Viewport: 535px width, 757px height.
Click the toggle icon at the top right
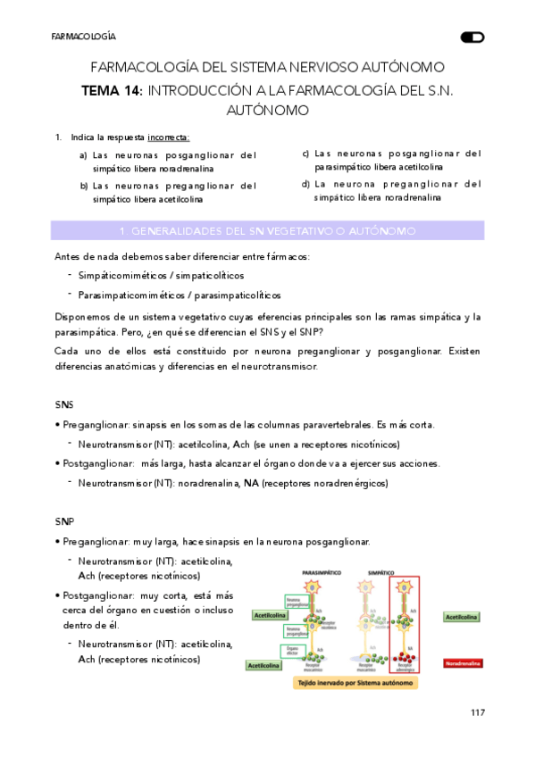(x=472, y=37)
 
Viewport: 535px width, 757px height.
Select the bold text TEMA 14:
(x=112, y=90)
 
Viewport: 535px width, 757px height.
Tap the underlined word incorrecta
(x=168, y=137)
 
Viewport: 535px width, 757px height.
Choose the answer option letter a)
(x=83, y=154)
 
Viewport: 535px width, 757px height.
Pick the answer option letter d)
(x=305, y=184)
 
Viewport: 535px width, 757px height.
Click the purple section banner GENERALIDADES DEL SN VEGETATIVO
(x=268, y=230)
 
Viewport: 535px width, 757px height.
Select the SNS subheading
(x=64, y=404)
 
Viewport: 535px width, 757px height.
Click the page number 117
(x=477, y=712)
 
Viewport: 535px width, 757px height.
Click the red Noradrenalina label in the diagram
(x=463, y=664)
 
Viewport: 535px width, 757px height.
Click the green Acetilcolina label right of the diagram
(x=462, y=617)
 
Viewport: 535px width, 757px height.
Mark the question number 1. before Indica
(x=58, y=137)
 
